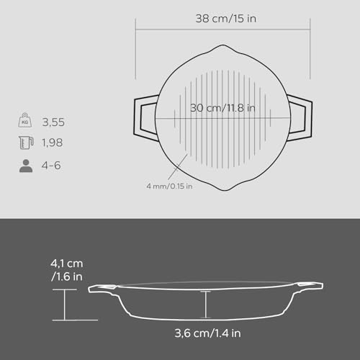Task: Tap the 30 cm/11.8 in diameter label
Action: coord(223,108)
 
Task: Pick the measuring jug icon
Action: coord(24,143)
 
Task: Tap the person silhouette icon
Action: coord(24,165)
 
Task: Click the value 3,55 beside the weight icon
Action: coord(53,122)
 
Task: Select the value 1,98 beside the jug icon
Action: coord(53,143)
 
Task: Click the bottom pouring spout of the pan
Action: coord(223,186)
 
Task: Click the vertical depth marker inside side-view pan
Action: coord(207,303)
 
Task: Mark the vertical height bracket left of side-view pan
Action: coord(66,304)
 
